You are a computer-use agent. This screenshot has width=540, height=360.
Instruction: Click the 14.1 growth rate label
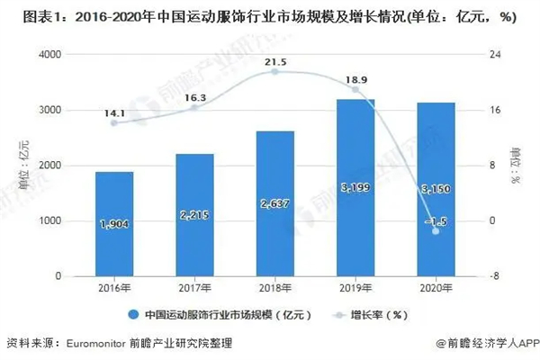click(114, 114)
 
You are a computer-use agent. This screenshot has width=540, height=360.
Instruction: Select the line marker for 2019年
click(355, 89)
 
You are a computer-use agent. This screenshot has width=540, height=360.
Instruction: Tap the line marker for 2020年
click(436, 231)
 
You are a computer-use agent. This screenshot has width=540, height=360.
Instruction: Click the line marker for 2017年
click(194, 107)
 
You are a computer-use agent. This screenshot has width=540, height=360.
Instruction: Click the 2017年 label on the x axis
click(194, 288)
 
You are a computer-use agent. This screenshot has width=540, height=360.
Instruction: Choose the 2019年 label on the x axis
click(355, 288)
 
